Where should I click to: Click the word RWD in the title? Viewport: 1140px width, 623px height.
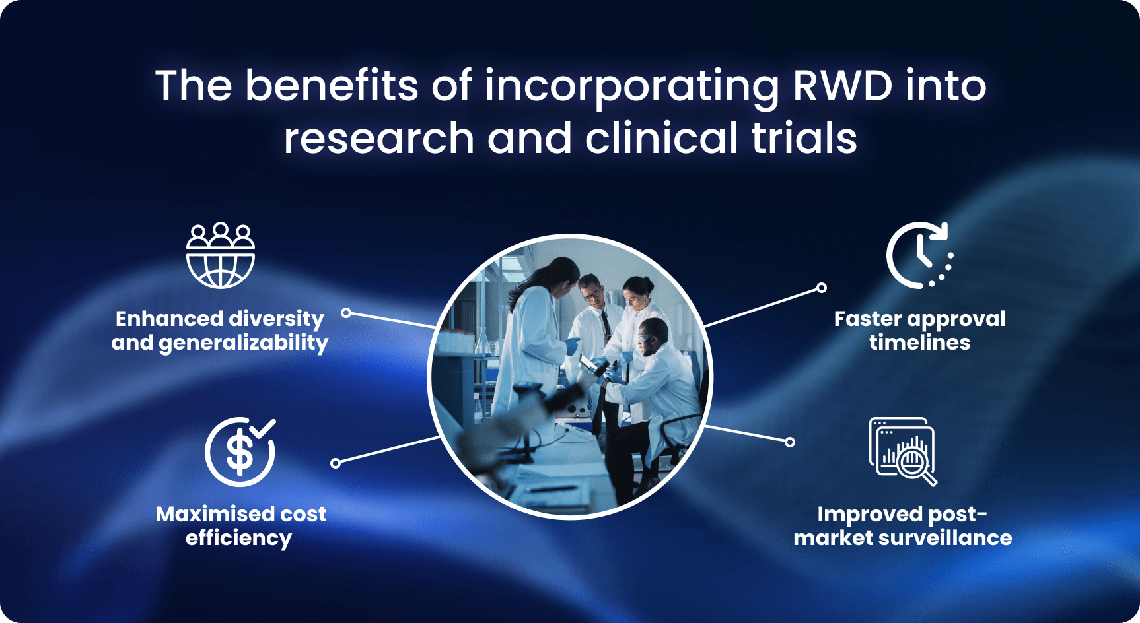click(x=842, y=86)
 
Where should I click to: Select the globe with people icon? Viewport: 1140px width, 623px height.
click(x=221, y=255)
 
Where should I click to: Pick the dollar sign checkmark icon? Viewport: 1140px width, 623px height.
click(x=240, y=452)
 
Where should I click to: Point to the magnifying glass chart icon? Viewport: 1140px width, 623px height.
click(x=903, y=452)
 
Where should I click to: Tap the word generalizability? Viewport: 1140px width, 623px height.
click(x=243, y=343)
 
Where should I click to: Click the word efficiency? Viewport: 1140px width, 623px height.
click(x=238, y=539)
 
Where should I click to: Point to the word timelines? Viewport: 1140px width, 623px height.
click(x=919, y=343)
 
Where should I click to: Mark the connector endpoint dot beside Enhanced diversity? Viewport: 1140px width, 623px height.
click(x=346, y=313)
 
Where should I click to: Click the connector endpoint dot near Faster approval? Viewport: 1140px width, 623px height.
click(x=822, y=288)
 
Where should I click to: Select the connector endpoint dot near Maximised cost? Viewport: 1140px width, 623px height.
click(x=336, y=463)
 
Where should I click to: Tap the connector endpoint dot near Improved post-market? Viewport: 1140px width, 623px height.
click(x=790, y=442)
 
